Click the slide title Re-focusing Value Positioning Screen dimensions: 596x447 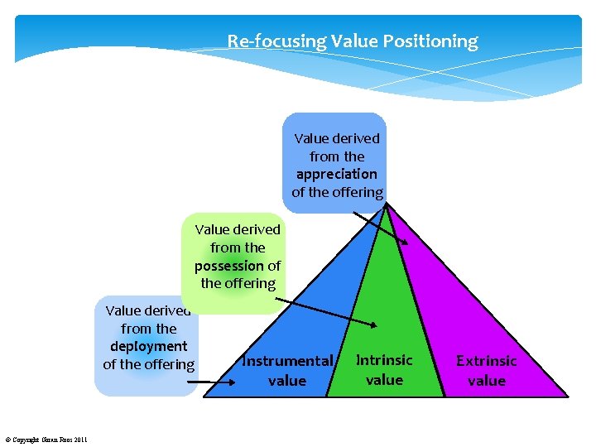(353, 41)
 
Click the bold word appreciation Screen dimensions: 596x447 (336, 174)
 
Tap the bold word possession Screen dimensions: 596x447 (229, 266)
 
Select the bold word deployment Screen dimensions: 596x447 (149, 346)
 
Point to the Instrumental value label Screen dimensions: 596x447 (287, 371)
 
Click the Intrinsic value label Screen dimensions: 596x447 (384, 370)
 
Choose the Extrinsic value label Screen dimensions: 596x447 (486, 371)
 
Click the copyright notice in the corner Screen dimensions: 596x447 (46, 439)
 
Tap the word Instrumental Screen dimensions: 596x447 (287, 361)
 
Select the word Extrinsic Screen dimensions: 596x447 (486, 361)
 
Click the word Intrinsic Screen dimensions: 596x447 (384, 360)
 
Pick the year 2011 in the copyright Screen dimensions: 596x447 (79, 439)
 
